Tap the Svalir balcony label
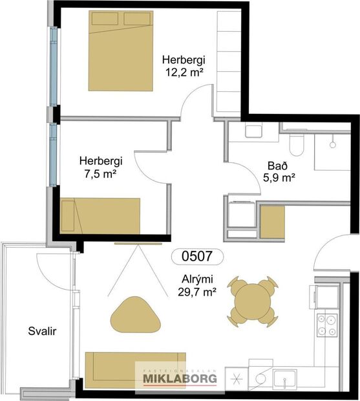pos(43,331)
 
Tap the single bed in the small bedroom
pos(100,216)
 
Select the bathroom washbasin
pos(252,131)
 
